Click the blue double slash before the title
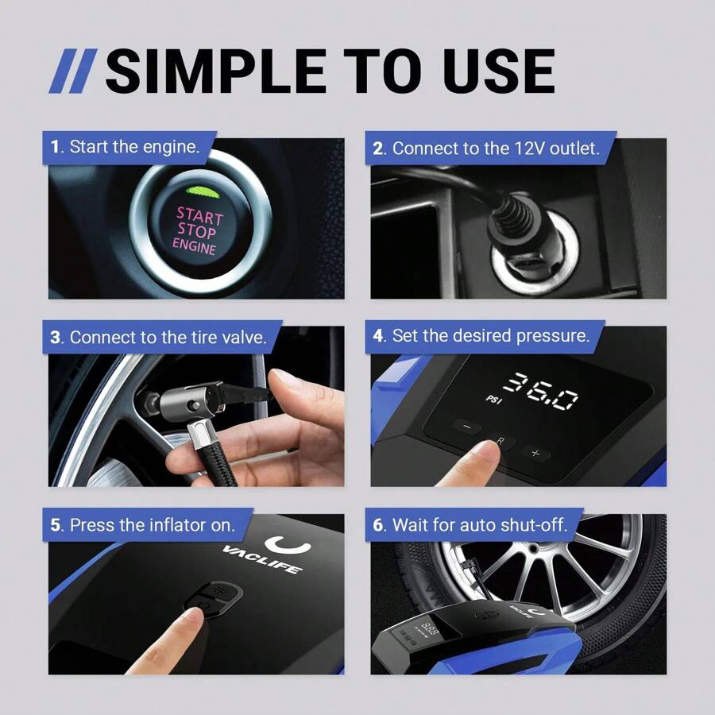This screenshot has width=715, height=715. pyautogui.click(x=73, y=71)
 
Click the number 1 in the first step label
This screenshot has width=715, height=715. pyautogui.click(x=56, y=147)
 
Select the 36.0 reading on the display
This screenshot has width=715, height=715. pyautogui.click(x=543, y=390)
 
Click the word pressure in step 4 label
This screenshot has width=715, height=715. pyautogui.click(x=553, y=336)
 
